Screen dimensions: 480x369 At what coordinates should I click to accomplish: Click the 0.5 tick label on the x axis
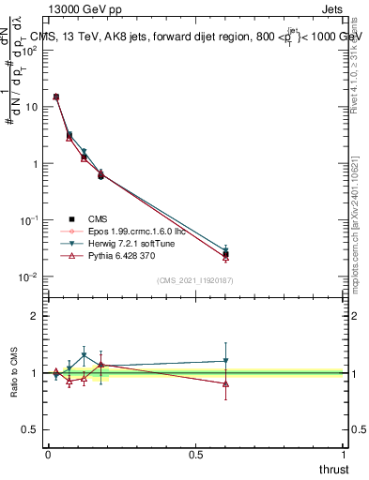[195, 455]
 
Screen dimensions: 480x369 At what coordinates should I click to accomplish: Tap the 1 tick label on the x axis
[343, 455]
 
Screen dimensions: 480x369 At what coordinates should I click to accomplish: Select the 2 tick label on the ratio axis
[36, 316]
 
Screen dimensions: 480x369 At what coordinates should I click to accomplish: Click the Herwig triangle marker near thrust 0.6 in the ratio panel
[225, 361]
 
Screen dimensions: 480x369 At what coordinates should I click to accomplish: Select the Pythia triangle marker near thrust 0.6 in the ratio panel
[225, 383]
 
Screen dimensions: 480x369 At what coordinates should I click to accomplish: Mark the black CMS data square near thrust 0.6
[225, 254]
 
